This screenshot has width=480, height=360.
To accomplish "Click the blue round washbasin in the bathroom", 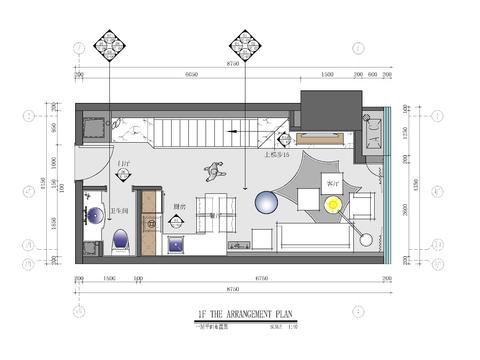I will click(x=96, y=212).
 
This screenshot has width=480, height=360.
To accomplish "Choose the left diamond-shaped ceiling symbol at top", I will click(x=109, y=45).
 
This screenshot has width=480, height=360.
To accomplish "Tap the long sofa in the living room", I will click(x=315, y=238).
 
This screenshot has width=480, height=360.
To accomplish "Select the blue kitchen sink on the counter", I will click(x=175, y=243).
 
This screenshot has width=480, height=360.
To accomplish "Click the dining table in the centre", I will click(x=217, y=210).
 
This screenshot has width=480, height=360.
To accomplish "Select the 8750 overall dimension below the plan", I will click(x=232, y=290).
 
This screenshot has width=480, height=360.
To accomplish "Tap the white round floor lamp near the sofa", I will click(x=367, y=240).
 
